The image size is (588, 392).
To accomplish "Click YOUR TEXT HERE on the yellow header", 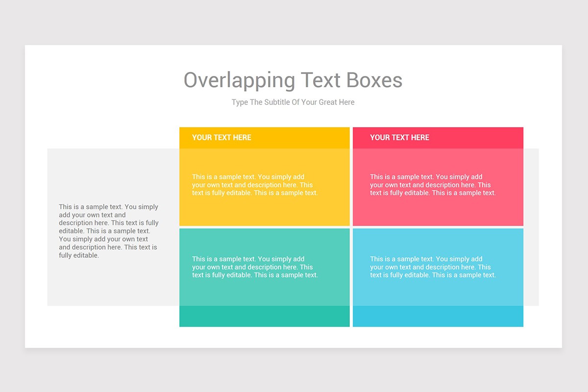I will tap(221, 138).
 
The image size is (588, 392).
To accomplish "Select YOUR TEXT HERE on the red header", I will tap(399, 138).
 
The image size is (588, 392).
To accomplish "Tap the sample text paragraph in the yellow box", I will tap(255, 185).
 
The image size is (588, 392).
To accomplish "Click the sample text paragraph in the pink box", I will tap(433, 185).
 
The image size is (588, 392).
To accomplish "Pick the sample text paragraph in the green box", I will tap(255, 267).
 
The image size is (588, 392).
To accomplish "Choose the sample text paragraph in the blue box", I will tap(433, 267).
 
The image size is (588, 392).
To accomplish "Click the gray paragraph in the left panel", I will tap(109, 231).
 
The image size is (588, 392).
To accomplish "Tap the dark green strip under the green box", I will tap(265, 317).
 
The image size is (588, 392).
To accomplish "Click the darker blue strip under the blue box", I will tap(438, 317).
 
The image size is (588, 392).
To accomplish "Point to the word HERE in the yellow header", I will tap(242, 138).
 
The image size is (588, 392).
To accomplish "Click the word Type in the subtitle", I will tap(240, 102).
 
